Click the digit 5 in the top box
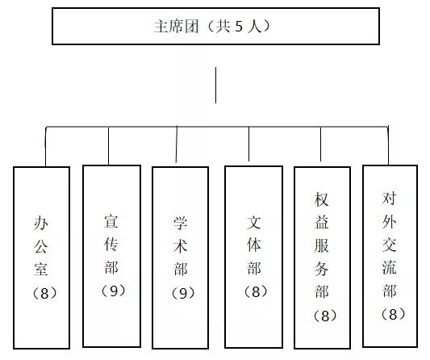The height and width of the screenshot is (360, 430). (239, 27)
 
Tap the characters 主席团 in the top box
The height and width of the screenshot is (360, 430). (176, 27)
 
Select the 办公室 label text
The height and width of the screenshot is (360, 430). (41, 246)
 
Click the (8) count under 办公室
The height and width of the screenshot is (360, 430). (44, 293)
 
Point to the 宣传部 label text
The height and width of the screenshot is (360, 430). (111, 245)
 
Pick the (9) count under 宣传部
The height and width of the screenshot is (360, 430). (113, 291)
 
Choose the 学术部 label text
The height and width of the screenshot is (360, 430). (181, 246)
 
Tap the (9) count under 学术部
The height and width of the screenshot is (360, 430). (183, 293)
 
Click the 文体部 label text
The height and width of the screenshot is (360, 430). (253, 245)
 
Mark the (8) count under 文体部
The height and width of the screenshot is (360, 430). (256, 291)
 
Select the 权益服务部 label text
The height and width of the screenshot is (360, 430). (322, 245)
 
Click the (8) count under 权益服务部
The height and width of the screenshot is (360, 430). (325, 316)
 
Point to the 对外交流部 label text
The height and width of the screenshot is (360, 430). (390, 245)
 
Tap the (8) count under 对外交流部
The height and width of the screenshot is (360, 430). (393, 314)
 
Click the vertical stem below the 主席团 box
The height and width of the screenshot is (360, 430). (216, 85)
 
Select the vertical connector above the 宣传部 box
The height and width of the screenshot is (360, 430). (109, 146)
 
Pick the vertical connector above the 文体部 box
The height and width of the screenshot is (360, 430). (248, 144)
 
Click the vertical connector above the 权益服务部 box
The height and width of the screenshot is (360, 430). (320, 144)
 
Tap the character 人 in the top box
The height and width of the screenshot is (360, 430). (254, 27)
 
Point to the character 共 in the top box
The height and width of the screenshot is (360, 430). (223, 27)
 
